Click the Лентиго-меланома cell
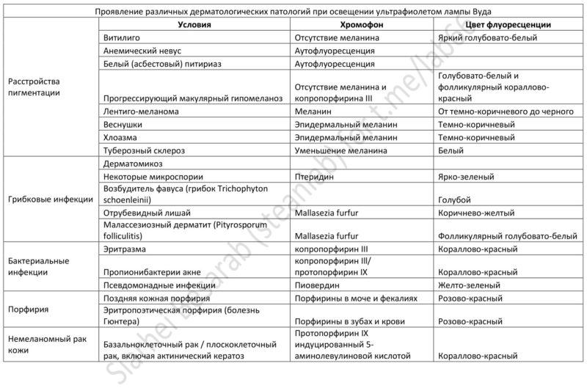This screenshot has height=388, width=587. tap(136, 112)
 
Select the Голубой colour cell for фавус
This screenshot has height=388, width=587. tap(453, 199)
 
